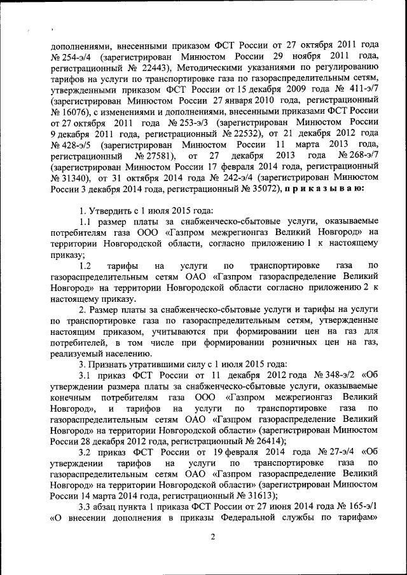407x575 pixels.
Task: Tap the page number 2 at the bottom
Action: (214, 537)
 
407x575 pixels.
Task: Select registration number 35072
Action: (259, 189)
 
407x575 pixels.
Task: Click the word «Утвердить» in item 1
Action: (109, 210)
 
